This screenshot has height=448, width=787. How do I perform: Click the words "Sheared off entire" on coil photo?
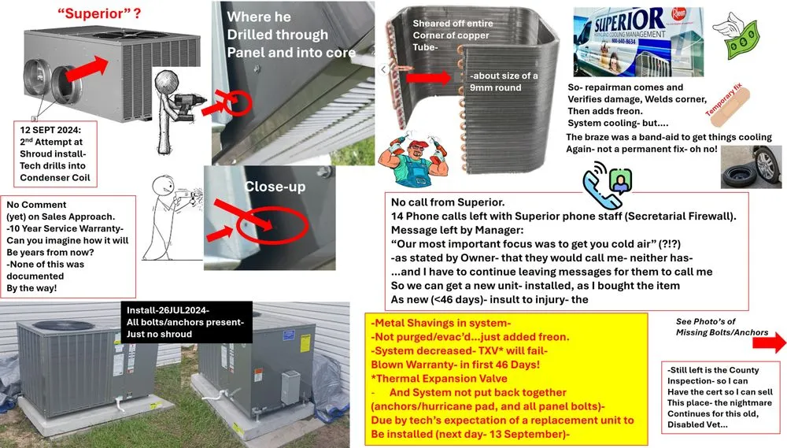point(453,24)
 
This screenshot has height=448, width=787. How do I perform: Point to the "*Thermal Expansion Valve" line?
point(420,378)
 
